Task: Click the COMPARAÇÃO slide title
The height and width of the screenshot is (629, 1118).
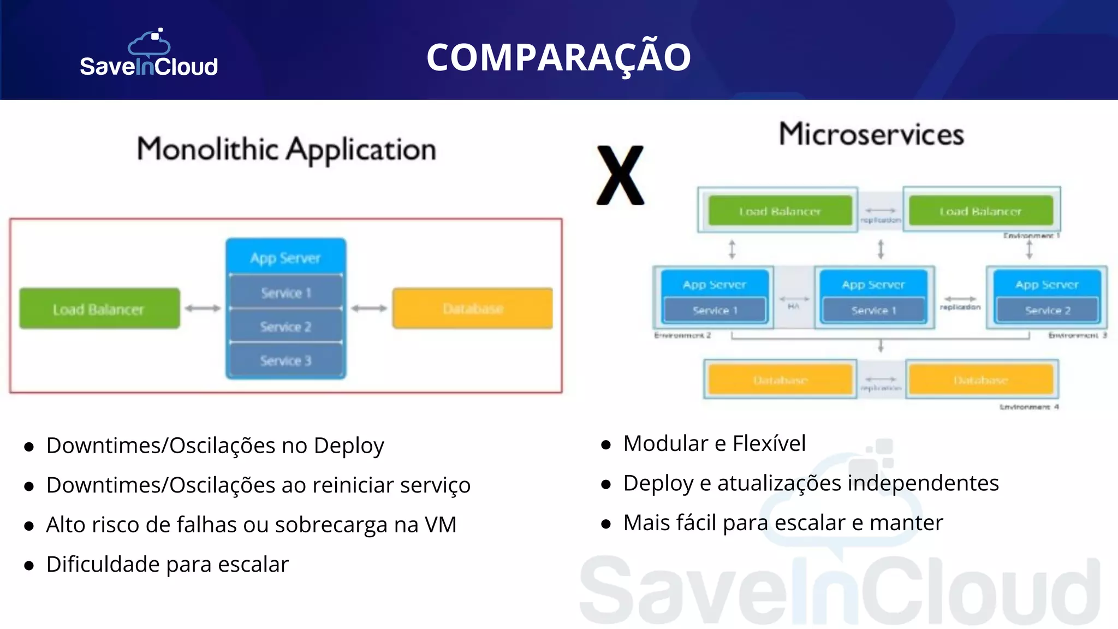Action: point(558,57)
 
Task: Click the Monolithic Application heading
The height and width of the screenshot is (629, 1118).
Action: point(287,150)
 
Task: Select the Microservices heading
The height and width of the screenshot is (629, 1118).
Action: point(871,134)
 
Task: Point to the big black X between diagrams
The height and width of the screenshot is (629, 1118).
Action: point(621,175)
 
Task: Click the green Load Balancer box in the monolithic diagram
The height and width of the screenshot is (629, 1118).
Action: point(99,309)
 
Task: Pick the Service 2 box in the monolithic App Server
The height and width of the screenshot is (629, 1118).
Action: point(286,327)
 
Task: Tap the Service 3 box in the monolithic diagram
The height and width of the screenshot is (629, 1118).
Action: point(286,360)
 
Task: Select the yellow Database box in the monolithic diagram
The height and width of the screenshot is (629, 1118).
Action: point(473,308)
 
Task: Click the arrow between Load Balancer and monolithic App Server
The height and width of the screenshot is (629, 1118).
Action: point(203,308)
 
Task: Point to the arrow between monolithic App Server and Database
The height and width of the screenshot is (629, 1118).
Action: point(369,308)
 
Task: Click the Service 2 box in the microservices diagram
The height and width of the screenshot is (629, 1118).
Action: point(1047,310)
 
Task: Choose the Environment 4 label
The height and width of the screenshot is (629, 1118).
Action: point(1029,407)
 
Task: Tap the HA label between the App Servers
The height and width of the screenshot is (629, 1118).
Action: point(794,306)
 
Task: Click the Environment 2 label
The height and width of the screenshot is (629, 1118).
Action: point(682,335)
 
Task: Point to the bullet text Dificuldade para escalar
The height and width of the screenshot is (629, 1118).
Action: point(167,565)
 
